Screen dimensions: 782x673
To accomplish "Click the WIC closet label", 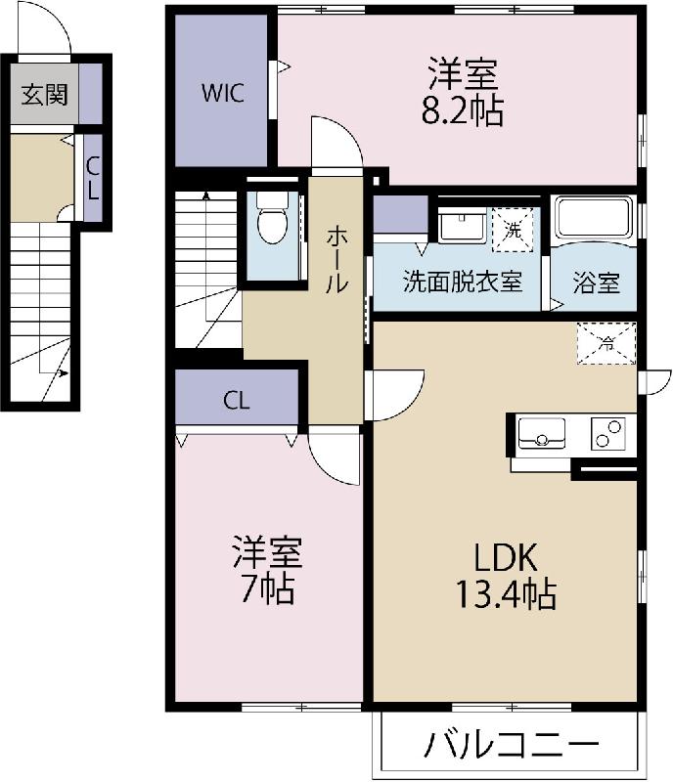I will pos(222,95).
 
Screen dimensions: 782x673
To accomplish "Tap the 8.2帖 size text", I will pos(462,112).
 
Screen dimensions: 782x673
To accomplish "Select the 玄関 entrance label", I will pos(44,95).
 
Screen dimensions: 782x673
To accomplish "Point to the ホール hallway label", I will pos(336,258).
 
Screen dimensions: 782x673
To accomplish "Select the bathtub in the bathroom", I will pos(594,219).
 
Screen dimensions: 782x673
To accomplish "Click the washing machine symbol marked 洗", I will pos(514,230).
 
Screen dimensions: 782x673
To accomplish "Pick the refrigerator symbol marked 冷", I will pos(606,343).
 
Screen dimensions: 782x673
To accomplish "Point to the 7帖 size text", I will pos(267,590).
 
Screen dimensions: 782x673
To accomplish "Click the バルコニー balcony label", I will pos(511,746).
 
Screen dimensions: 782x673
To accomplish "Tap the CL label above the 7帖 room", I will pos(236,400).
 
